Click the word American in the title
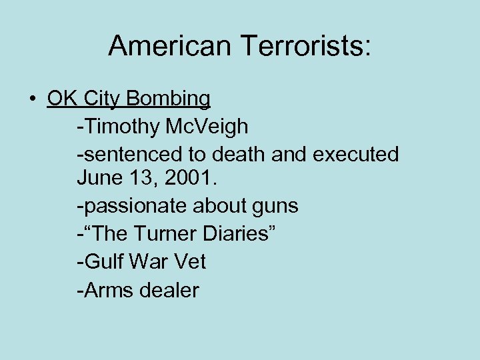point(169,45)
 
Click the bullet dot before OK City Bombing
point(33,99)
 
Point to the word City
point(103,99)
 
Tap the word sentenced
point(129,154)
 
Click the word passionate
point(133,207)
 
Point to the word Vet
point(190,261)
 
